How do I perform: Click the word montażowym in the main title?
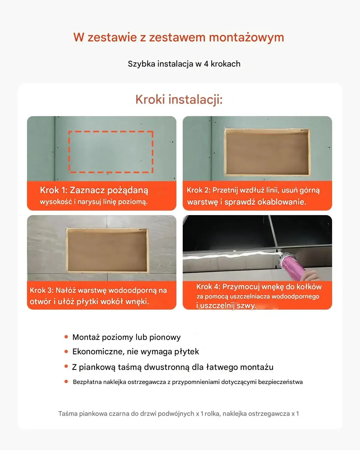click(x=246, y=37)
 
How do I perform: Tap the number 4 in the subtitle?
click(x=206, y=64)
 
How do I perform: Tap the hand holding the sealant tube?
click(x=311, y=276)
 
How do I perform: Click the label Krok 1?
click(x=54, y=190)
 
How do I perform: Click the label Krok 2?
click(x=199, y=190)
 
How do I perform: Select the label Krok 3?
click(x=42, y=290)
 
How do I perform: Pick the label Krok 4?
click(x=208, y=287)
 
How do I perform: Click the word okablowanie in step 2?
click(x=282, y=202)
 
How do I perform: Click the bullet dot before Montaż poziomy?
click(x=66, y=337)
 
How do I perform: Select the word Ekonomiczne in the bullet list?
click(x=98, y=352)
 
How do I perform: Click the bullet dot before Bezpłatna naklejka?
click(x=66, y=382)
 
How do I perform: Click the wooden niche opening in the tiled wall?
click(x=107, y=250)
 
